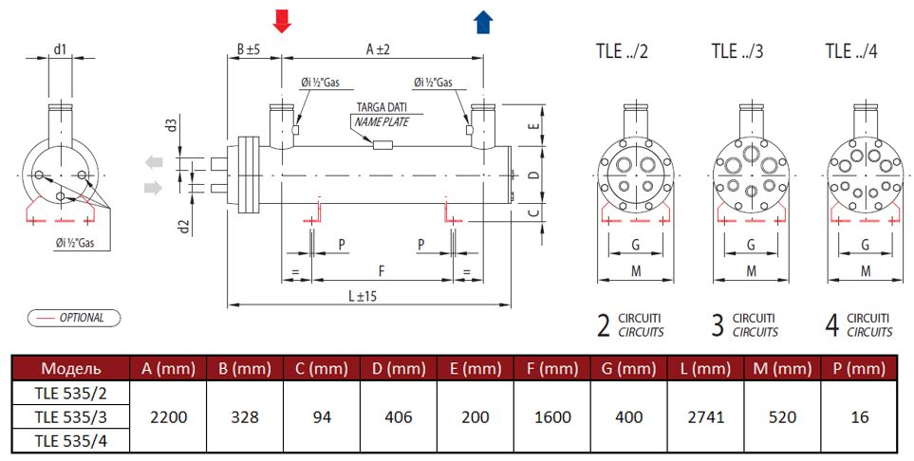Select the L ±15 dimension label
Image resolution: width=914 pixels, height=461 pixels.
click(x=363, y=296)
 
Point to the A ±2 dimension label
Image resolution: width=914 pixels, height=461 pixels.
click(x=378, y=48)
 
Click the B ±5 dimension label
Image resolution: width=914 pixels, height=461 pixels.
click(x=248, y=48)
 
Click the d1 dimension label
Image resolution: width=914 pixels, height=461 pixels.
click(x=61, y=48)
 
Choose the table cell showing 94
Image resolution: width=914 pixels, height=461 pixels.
click(x=323, y=416)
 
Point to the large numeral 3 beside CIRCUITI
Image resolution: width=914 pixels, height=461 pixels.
click(x=718, y=325)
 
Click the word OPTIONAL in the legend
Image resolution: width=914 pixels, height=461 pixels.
click(x=82, y=318)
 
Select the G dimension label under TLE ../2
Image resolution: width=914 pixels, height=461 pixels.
click(x=635, y=245)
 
